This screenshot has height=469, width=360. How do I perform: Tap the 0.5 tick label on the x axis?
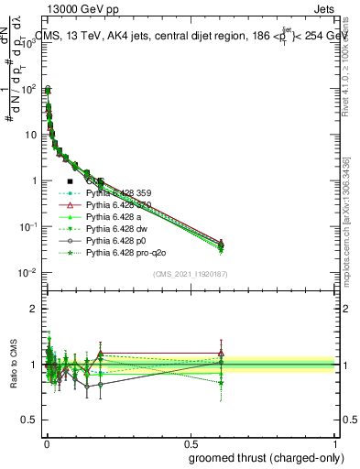tap(190, 441)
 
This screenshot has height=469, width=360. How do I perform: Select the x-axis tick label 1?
tap(334, 441)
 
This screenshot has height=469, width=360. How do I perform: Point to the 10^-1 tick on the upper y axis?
tap(29, 226)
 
